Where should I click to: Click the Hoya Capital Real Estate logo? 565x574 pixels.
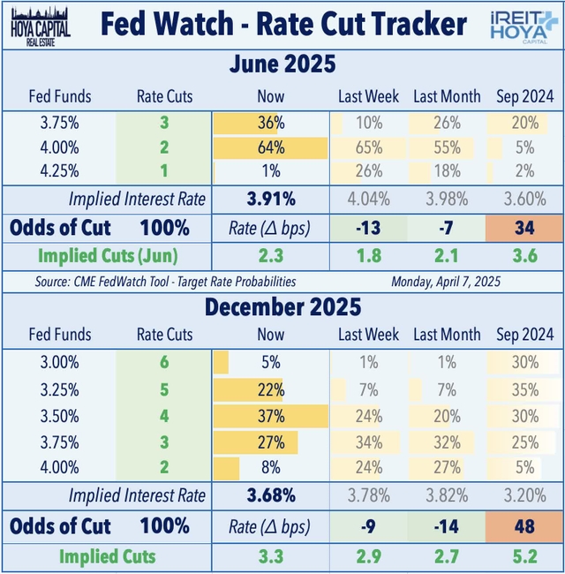(38, 24)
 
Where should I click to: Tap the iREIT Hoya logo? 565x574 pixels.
(523, 24)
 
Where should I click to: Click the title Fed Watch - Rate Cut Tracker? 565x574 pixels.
(282, 24)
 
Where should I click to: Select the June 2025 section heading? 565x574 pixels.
(282, 65)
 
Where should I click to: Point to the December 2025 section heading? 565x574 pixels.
(282, 308)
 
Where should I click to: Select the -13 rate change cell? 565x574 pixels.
(370, 227)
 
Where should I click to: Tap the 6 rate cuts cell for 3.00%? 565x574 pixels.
(163, 361)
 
